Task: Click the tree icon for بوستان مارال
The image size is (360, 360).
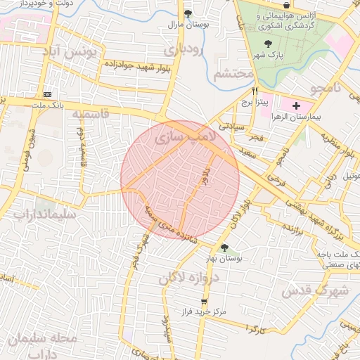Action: (x=187, y=13)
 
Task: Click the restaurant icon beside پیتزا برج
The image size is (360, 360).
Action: (x=255, y=91)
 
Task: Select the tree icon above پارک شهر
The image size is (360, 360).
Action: (x=267, y=44)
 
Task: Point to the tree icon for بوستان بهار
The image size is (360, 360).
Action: (x=225, y=247)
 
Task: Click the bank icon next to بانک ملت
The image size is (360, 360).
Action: (x=48, y=94)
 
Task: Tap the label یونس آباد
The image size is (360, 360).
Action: (x=84, y=53)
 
